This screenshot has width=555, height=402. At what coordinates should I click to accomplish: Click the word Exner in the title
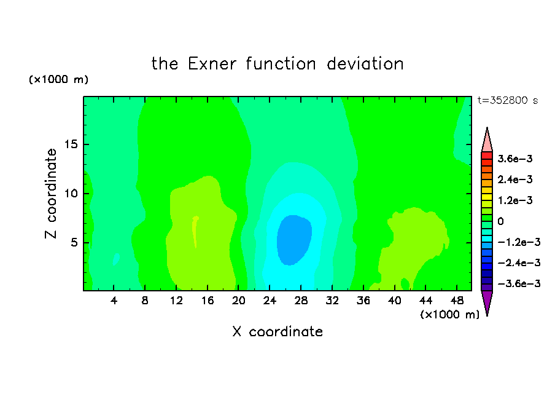pyautogui.click(x=212, y=64)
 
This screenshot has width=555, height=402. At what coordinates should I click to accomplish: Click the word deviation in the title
pyautogui.click(x=365, y=64)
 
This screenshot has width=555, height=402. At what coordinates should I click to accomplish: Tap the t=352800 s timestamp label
pyautogui.click(x=508, y=101)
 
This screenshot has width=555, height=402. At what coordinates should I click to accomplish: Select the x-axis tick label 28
pyautogui.click(x=301, y=301)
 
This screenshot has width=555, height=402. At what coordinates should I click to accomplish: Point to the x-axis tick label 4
pyautogui.click(x=114, y=301)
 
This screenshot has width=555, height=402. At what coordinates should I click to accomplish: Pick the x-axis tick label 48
pyautogui.click(x=457, y=301)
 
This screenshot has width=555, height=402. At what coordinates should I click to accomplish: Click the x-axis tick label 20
pyautogui.click(x=239, y=301)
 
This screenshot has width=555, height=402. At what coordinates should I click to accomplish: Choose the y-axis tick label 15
pyautogui.click(x=71, y=144)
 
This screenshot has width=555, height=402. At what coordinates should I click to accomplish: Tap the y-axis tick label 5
pyautogui.click(x=74, y=242)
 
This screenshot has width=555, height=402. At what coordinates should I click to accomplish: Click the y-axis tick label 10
pyautogui.click(x=71, y=194)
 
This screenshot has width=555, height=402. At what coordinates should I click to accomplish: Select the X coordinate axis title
pyautogui.click(x=277, y=332)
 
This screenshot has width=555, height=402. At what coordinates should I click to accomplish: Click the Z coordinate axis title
pyautogui.click(x=50, y=194)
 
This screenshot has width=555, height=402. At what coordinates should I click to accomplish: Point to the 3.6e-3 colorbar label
pyautogui.click(x=515, y=159)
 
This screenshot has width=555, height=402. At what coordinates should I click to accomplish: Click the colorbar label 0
pyautogui.click(x=500, y=221)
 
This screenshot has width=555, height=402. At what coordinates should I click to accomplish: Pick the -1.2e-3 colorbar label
pyautogui.click(x=519, y=242)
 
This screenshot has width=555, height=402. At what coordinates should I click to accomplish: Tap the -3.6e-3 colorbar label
pyautogui.click(x=519, y=283)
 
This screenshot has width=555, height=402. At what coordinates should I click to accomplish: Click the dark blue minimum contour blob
pyautogui.click(x=294, y=240)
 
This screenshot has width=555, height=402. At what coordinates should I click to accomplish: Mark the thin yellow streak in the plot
pyautogui.click(x=195, y=232)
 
